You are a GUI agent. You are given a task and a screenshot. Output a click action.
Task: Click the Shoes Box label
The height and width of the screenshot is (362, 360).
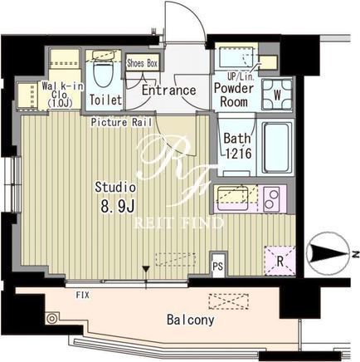coord(142,63)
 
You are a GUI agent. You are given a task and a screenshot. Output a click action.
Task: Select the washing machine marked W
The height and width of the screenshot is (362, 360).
coord(277,95)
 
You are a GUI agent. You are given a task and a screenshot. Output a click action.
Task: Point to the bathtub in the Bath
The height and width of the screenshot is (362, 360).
coord(277,148)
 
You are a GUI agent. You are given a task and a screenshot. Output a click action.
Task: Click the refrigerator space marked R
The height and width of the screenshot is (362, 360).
coord(280,261)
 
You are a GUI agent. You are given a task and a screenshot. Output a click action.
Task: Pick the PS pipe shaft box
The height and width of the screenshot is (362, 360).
coord(218,266)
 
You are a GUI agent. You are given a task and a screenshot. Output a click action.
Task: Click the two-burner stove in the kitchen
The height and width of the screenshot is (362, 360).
coord(271,199)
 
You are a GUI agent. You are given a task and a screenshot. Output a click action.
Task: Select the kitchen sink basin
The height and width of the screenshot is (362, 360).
coord(232,197)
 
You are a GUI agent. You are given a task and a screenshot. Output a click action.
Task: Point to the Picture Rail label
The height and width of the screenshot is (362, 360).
coord(121,122)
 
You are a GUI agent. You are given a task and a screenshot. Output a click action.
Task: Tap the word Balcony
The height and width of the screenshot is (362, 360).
coord(191,320)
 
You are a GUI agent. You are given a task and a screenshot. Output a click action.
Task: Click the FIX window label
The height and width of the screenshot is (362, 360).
coord(83,295)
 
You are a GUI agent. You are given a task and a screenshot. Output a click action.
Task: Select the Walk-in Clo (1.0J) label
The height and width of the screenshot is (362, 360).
coord(62,95)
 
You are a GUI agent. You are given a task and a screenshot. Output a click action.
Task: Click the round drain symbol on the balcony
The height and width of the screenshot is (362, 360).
coord(51,318)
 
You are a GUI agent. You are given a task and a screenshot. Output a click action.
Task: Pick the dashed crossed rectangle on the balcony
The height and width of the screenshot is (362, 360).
coord(228,301)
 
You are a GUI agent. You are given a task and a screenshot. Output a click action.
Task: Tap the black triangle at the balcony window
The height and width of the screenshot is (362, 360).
coord(146,269)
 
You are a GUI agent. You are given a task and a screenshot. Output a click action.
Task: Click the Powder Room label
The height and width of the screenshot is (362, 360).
coord(234,95)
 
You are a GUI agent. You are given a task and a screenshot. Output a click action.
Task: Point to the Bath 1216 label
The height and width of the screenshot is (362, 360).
coord(237,146)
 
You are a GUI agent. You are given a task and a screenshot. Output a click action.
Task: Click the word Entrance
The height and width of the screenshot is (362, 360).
coord(168,90)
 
